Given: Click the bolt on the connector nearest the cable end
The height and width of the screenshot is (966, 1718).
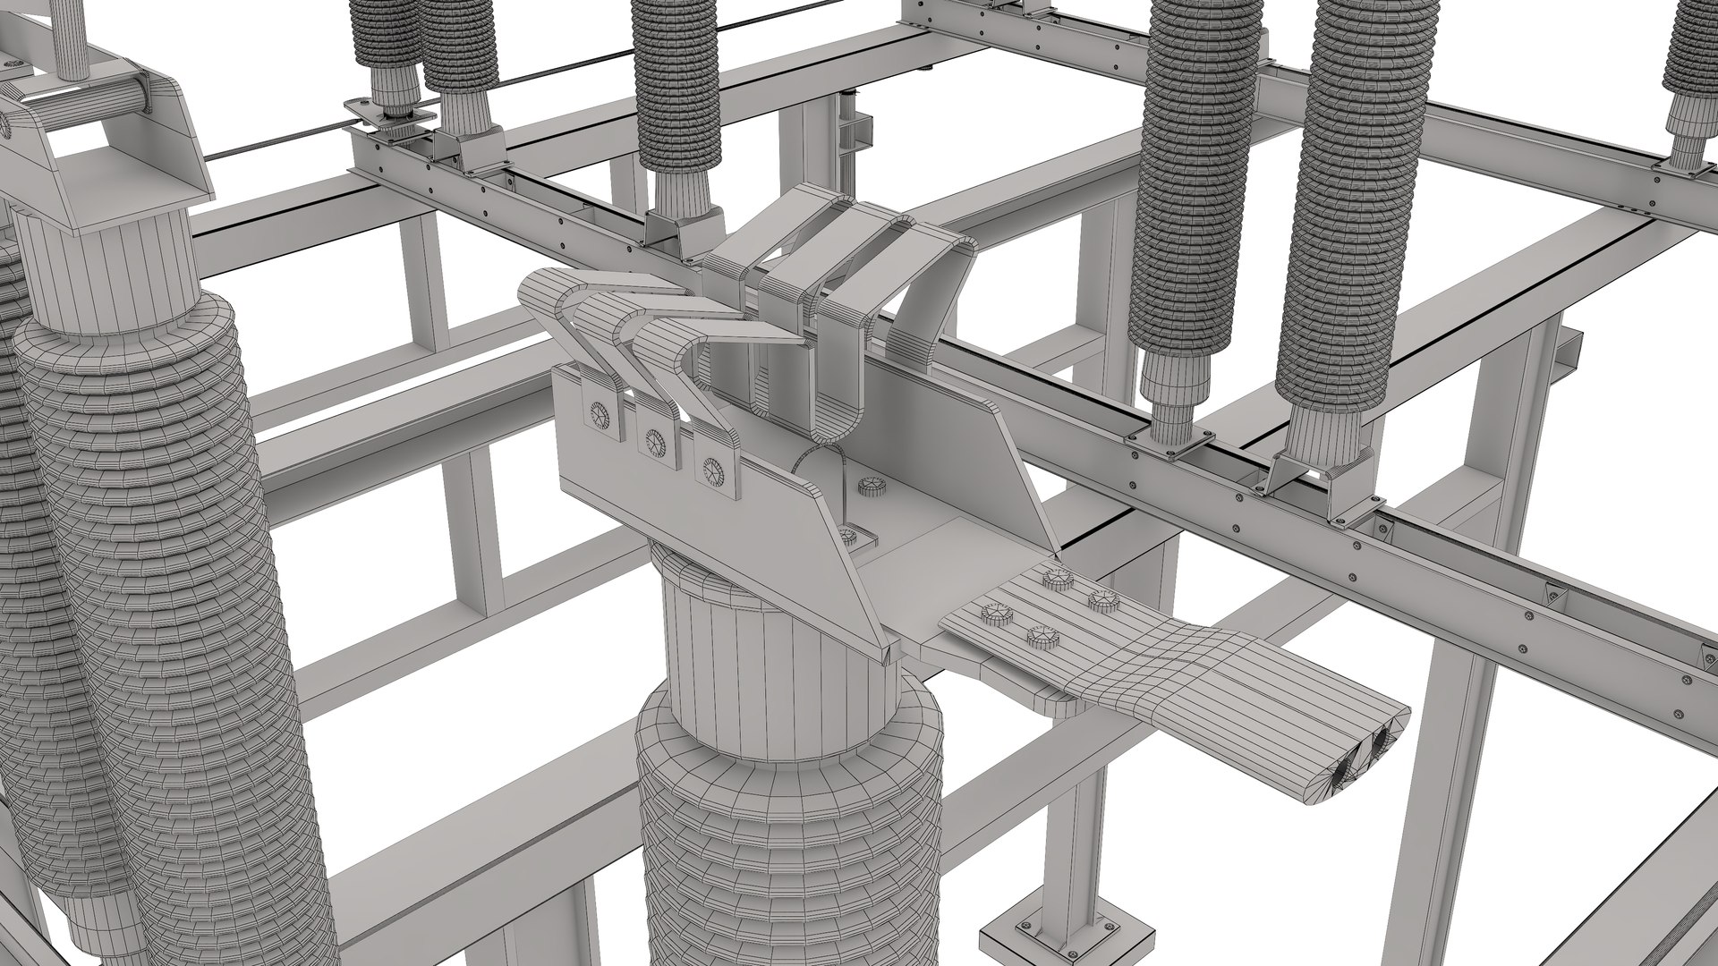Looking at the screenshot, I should [x=1042, y=638].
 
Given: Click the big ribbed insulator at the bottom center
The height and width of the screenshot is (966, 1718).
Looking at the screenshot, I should [x=787, y=841].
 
